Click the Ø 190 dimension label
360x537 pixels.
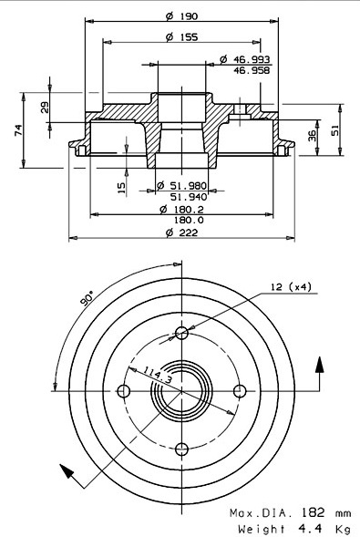click(x=181, y=16)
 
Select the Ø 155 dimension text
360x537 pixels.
click(x=181, y=37)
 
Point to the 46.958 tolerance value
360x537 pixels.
click(x=252, y=70)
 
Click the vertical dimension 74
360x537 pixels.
click(x=18, y=130)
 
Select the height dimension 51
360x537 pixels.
click(x=334, y=130)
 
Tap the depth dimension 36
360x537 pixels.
click(x=312, y=136)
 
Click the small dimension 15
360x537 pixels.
click(x=121, y=188)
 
